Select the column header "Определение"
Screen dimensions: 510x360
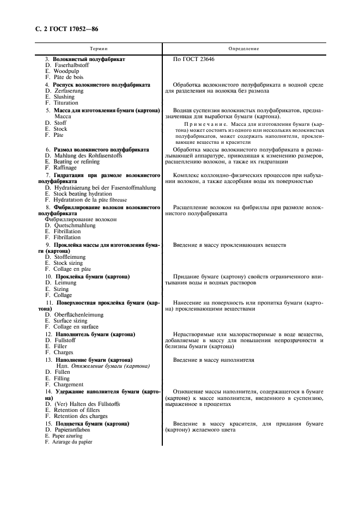tap(243, 48)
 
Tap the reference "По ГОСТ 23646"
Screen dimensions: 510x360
tap(193, 59)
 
